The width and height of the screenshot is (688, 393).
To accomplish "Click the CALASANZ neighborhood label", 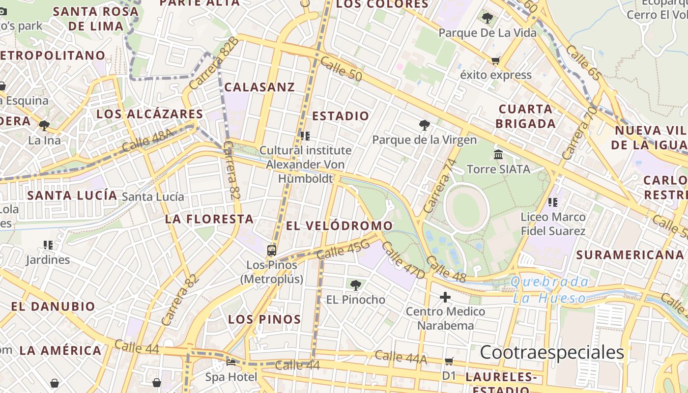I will click(x=259, y=87).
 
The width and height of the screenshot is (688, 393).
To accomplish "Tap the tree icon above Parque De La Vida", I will click(x=487, y=19).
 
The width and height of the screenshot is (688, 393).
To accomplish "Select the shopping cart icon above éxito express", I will click(x=495, y=61).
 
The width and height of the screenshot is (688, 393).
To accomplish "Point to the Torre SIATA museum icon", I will click(x=498, y=155).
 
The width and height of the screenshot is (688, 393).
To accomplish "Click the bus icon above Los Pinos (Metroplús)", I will click(x=272, y=250).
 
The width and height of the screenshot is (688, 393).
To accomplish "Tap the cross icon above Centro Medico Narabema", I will click(x=445, y=297).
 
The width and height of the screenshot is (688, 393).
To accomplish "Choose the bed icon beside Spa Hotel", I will click(x=231, y=363).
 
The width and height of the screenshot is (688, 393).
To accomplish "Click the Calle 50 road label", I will click(x=341, y=69).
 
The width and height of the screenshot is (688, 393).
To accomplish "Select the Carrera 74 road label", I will click(x=437, y=186).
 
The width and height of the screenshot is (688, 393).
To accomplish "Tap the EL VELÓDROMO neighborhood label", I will click(x=339, y=226).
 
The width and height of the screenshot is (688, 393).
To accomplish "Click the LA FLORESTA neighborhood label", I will click(x=209, y=219).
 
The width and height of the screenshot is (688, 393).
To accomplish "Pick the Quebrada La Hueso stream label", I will click(x=550, y=290).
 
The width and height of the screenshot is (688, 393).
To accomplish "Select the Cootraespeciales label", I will click(x=552, y=352).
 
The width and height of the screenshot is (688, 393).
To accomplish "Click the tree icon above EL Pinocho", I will click(x=355, y=285).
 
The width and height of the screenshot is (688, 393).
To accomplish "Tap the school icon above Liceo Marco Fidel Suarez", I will click(x=553, y=202).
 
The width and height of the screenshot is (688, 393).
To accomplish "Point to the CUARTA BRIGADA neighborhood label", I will click(x=525, y=116).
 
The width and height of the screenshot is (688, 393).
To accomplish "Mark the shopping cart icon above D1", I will click(x=449, y=362).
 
